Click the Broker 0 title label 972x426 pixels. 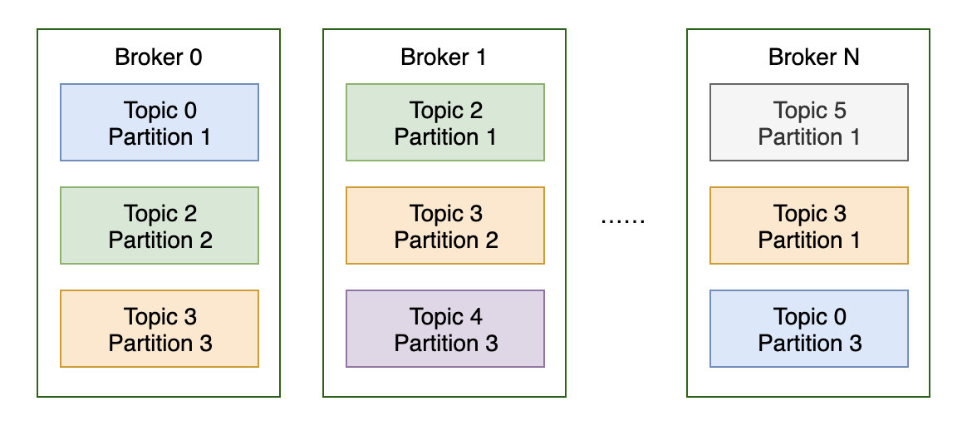(159, 57)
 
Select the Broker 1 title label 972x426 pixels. (444, 57)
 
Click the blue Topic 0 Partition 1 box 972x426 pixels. (160, 122)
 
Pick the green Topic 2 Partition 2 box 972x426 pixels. (160, 225)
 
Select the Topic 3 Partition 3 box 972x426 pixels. (160, 329)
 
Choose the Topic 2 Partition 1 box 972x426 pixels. (445, 122)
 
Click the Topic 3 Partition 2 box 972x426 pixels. (445, 225)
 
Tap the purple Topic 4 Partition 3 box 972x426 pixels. (445, 329)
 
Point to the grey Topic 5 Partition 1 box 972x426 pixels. (809, 122)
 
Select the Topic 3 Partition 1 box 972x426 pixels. (809, 225)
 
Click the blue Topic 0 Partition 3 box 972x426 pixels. (809, 329)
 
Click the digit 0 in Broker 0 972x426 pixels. (195, 57)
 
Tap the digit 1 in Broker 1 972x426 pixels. (480, 57)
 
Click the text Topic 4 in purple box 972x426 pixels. (445, 317)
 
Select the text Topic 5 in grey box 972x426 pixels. (809, 111)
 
